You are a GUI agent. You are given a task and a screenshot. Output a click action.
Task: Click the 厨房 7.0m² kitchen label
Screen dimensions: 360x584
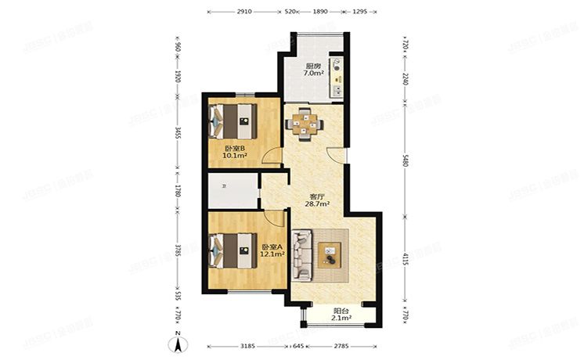tap(312, 70)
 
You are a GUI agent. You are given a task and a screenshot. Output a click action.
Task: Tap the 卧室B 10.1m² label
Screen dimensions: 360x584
tap(235, 152)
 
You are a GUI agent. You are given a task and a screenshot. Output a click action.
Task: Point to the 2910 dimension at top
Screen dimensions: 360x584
tap(243, 12)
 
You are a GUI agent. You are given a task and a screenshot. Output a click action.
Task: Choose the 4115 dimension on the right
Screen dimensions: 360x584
tap(406, 258)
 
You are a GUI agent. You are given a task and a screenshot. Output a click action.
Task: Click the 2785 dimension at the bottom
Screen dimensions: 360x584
tap(340, 345)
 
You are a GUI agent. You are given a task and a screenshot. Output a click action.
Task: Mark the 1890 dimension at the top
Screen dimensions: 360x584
tap(321, 12)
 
